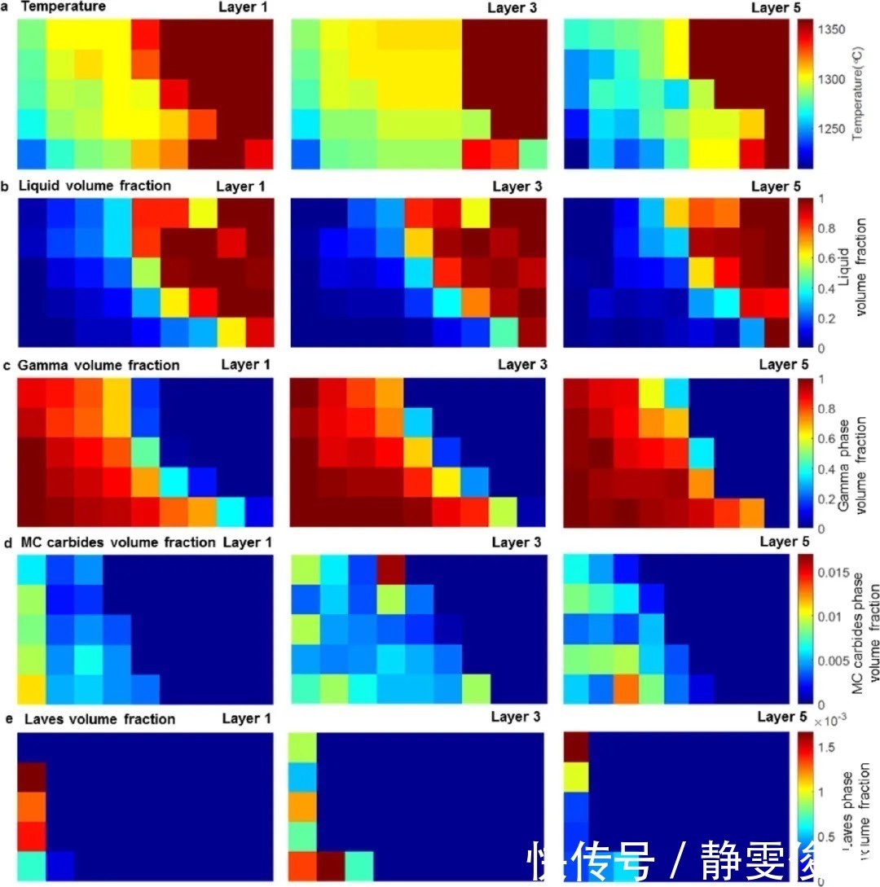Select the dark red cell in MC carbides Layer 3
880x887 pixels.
[x=390, y=569]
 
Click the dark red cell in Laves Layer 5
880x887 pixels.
[x=575, y=746]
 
